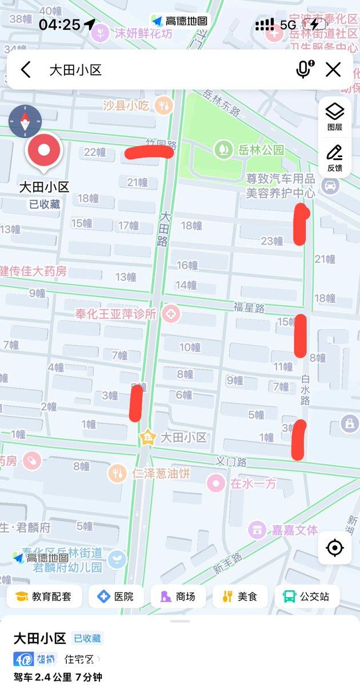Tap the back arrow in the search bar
click(x=26, y=70)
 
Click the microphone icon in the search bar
click(x=303, y=69)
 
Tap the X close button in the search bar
click(x=333, y=70)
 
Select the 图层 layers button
click(x=334, y=116)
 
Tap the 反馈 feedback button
click(x=334, y=158)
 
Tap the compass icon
click(x=25, y=122)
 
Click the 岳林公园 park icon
click(x=221, y=150)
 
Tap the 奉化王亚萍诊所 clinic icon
click(x=170, y=313)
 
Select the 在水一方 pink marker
click(x=215, y=483)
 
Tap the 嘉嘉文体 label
click(x=292, y=530)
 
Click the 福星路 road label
click(x=249, y=308)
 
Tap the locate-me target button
click(x=334, y=548)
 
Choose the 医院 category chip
click(x=115, y=596)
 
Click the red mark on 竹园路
click(x=149, y=152)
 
